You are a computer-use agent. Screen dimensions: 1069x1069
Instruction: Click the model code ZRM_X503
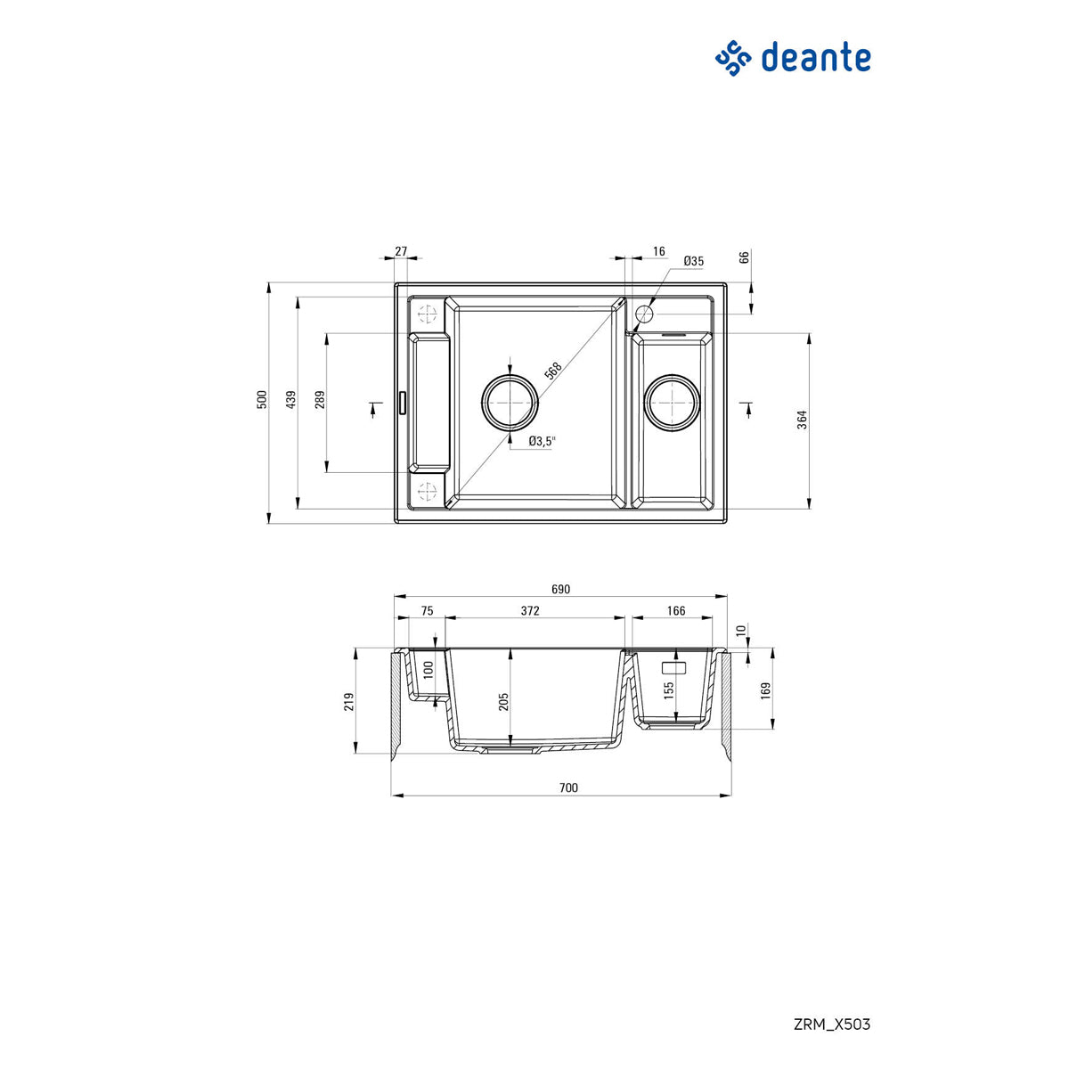[831, 1024]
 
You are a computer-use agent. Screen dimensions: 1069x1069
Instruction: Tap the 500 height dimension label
[262, 400]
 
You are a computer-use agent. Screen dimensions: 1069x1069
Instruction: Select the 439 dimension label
[290, 400]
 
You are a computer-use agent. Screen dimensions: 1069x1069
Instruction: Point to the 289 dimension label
[320, 400]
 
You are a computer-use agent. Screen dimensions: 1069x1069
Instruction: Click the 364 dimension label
[802, 420]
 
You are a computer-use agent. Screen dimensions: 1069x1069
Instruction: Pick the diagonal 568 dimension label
[552, 371]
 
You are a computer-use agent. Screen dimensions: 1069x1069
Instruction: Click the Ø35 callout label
[693, 261]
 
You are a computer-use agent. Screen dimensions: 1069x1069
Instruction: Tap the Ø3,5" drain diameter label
[542, 441]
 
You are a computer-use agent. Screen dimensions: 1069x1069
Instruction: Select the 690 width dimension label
[560, 589]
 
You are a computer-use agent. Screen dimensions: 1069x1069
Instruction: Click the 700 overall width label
[569, 787]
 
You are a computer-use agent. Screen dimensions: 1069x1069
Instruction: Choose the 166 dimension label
[676, 610]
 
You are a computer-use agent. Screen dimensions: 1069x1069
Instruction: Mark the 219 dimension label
[350, 702]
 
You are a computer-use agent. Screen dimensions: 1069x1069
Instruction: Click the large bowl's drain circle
[510, 402]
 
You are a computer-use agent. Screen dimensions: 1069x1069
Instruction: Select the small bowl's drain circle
[672, 402]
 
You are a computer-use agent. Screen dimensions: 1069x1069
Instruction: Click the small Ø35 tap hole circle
[644, 314]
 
